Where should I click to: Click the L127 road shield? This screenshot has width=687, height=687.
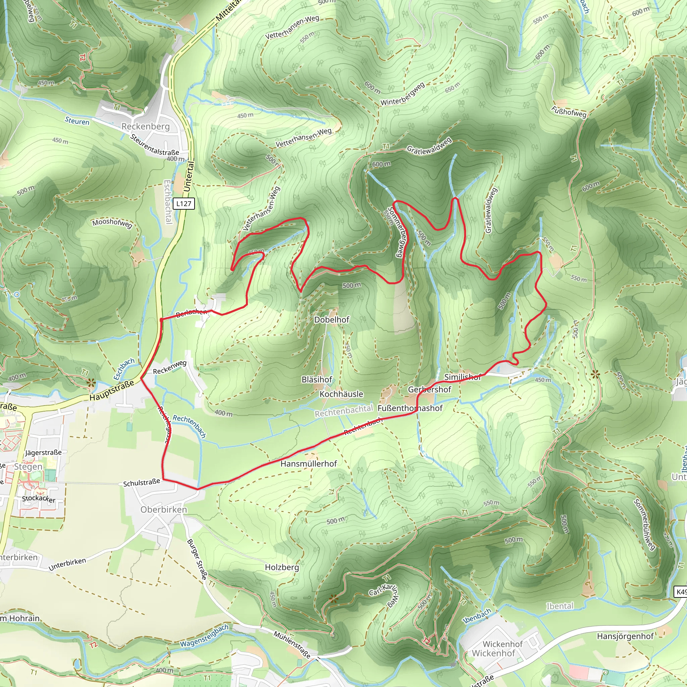184,204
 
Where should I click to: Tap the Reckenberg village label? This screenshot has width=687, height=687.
146,126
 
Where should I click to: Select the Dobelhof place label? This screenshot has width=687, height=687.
332,320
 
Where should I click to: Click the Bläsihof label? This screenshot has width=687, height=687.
317,380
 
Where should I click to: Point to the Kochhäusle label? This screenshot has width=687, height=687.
341,394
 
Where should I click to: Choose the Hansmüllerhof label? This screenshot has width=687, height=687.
309,464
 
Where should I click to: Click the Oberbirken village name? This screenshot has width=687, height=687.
164,510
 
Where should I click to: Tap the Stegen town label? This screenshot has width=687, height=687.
28,467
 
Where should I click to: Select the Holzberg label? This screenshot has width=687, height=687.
282,567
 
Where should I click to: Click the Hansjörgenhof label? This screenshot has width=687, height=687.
625,636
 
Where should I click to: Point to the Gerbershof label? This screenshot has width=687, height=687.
430,389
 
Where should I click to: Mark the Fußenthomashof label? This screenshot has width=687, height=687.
410,408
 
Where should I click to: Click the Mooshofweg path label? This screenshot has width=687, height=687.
112,223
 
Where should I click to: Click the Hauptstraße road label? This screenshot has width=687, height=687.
112,390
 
